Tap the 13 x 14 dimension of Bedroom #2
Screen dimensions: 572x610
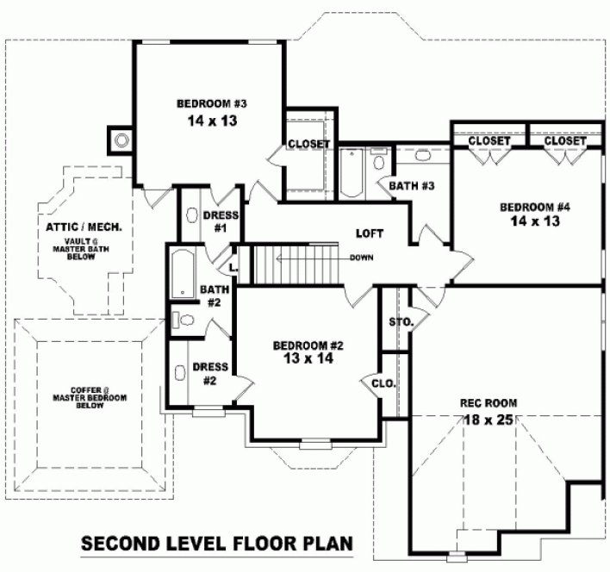tap(308, 359)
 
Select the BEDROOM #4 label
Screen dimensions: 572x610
tap(535, 207)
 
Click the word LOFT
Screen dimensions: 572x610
tap(368, 233)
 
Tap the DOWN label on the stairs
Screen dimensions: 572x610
tap(361, 257)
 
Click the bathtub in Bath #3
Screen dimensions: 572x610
tap(352, 172)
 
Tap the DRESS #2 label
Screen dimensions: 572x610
tap(209, 373)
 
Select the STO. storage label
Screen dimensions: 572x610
tap(401, 323)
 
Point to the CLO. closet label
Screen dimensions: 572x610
tap(383, 383)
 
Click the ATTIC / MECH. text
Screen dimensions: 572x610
tap(84, 227)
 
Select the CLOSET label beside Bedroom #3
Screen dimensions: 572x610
tap(308, 144)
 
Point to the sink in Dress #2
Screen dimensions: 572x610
tap(181, 373)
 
